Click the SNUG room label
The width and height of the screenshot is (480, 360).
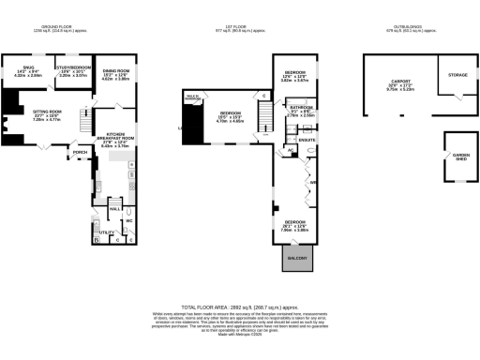(x=27, y=67)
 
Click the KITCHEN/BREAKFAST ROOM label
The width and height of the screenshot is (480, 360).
(x=121, y=136)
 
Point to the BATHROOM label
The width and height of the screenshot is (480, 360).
(x=300, y=108)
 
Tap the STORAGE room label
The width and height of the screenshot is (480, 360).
(x=457, y=74)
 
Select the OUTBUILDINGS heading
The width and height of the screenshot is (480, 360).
(x=408, y=29)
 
